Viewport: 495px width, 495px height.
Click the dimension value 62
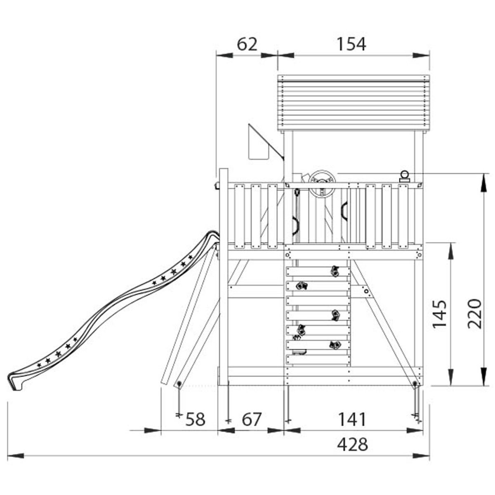coord(247,44)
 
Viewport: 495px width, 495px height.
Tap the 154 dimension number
coord(351,44)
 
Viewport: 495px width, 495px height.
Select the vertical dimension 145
coord(440,314)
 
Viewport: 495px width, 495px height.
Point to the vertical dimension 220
coord(475,313)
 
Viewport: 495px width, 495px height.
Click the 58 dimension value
coord(195,420)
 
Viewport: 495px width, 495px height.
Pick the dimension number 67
coord(252,420)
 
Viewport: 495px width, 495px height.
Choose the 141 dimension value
coord(352,420)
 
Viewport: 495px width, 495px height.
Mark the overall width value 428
coord(352,445)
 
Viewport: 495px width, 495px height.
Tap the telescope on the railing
coord(405,177)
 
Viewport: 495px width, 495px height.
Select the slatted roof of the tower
coord(353,103)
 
